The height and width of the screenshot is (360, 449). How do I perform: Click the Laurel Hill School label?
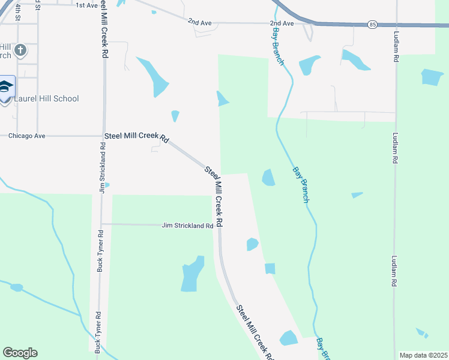[x=47, y=98]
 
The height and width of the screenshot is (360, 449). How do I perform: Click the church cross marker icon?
[x=21, y=50]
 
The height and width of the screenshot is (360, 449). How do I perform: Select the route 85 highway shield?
[x=373, y=25]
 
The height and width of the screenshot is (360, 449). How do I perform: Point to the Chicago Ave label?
[x=27, y=136]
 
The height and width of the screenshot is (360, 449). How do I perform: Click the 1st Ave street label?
[x=86, y=5]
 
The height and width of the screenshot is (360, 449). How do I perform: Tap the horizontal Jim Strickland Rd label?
[x=187, y=226]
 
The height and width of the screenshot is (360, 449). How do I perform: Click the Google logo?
[x=20, y=352]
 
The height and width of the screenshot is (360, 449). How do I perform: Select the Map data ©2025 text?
[x=424, y=355]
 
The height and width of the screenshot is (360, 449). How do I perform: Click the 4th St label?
[x=18, y=12]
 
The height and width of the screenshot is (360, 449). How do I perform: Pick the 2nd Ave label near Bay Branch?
[x=282, y=23]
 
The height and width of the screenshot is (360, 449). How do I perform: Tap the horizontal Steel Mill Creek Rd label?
[x=136, y=137]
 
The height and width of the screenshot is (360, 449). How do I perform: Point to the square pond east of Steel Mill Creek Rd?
[x=270, y=269]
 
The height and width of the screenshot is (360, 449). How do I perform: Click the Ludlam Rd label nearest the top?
[x=396, y=47]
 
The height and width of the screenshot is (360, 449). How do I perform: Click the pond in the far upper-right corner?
[x=432, y=77]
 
